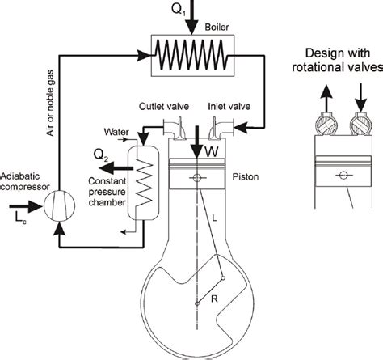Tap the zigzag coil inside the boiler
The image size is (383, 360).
(191, 57)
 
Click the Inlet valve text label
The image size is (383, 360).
(229, 106)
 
